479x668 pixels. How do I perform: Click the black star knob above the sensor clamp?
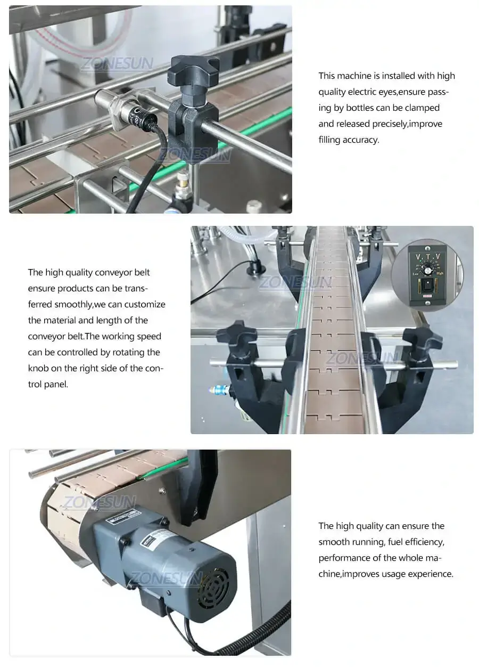point(193,70)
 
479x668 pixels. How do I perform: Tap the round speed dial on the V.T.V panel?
point(427,270)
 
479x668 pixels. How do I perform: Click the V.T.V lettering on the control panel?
point(427,256)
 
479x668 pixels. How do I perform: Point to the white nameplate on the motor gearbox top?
point(123,515)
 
